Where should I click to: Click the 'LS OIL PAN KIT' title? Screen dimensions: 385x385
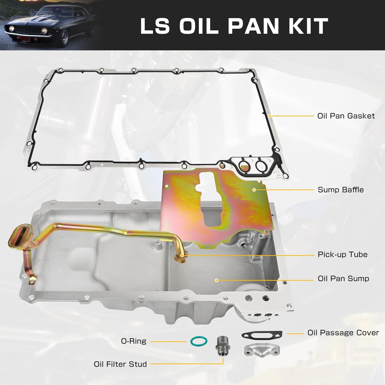tap(234, 26)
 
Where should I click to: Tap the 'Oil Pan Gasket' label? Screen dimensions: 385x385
tap(346, 116)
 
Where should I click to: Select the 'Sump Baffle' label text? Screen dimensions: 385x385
tap(340, 190)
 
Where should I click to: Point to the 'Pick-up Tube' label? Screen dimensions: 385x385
tap(342, 255)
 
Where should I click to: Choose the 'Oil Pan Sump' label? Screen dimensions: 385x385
tap(343, 279)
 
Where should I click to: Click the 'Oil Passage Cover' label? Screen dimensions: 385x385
tap(343, 333)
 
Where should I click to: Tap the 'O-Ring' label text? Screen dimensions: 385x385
tap(133, 341)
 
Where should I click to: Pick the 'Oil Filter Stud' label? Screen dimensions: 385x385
tap(120, 364)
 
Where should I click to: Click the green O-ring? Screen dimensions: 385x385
tap(199, 341)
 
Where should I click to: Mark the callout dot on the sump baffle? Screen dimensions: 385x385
tap(254, 190)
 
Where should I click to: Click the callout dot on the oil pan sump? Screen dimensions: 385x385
tap(216, 280)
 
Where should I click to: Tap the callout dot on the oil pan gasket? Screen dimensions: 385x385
tap(270, 116)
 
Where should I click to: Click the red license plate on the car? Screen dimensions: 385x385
tap(25, 39)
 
